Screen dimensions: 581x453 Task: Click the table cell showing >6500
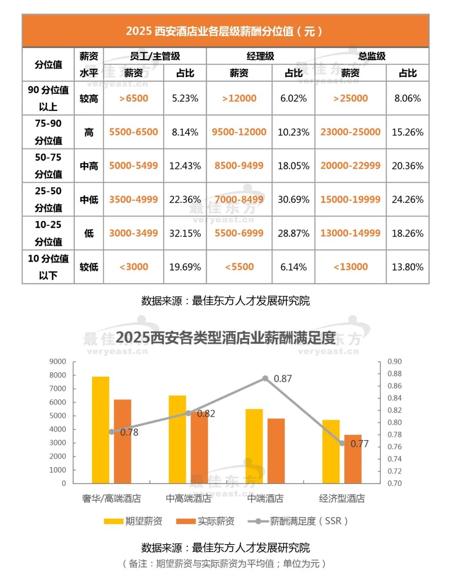pyautogui.click(x=133, y=99)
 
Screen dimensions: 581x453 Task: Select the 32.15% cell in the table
pyautogui.click(x=185, y=233)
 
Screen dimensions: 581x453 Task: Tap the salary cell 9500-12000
pyautogui.click(x=239, y=132)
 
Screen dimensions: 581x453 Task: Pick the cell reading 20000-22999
pyautogui.click(x=350, y=166)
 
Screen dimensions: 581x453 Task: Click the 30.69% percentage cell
pyautogui.click(x=293, y=200)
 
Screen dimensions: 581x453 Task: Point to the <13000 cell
pyautogui.click(x=350, y=267)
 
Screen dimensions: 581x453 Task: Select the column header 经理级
pyautogui.click(x=260, y=56)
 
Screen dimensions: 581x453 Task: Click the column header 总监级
pyautogui.click(x=372, y=56)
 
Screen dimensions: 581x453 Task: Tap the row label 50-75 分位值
pyautogui.click(x=48, y=166)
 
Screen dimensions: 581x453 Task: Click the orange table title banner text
pyautogui.click(x=225, y=31)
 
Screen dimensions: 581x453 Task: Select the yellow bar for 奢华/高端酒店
pyautogui.click(x=101, y=430)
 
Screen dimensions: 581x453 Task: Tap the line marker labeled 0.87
pyautogui.click(x=265, y=378)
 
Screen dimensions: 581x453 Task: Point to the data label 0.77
pyautogui.click(x=359, y=444)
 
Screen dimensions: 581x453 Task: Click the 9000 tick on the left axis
pyautogui.click(x=58, y=362)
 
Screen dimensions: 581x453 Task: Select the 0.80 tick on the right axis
pyautogui.click(x=394, y=422)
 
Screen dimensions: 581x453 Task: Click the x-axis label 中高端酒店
pyautogui.click(x=188, y=498)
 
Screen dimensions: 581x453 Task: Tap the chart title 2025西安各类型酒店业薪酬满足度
pyautogui.click(x=225, y=338)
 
